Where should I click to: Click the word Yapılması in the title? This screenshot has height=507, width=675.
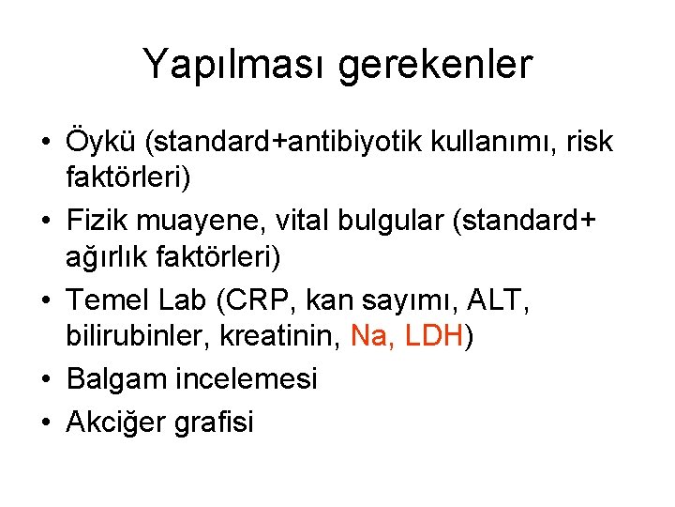point(237,66)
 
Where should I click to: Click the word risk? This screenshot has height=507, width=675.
point(587,142)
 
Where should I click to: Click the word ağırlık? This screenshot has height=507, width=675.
point(106,255)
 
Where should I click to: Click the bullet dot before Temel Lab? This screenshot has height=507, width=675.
point(45,300)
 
